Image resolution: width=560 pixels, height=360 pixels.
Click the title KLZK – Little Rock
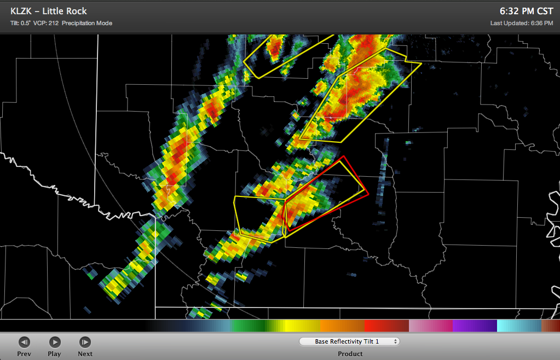tap(49, 11)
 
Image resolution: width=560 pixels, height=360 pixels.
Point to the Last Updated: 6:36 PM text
tap(522, 23)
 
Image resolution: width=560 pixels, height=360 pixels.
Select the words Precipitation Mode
tap(87, 23)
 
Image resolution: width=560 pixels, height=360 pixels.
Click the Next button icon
tap(85, 342)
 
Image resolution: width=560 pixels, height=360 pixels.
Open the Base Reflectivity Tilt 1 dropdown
tap(349, 341)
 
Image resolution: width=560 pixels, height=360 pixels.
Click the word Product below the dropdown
tap(350, 353)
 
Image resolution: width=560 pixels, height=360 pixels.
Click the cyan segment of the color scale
tap(517, 326)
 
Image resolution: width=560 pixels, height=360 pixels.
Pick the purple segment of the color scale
tap(474, 326)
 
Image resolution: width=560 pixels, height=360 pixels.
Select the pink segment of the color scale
tap(430, 326)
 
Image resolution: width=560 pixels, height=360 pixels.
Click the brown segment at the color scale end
tap(550, 326)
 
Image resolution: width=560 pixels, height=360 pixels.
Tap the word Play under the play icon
tap(54, 353)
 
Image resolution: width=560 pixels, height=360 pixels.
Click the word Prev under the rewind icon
tap(24, 353)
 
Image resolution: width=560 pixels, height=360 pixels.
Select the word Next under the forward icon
tap(85, 353)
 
